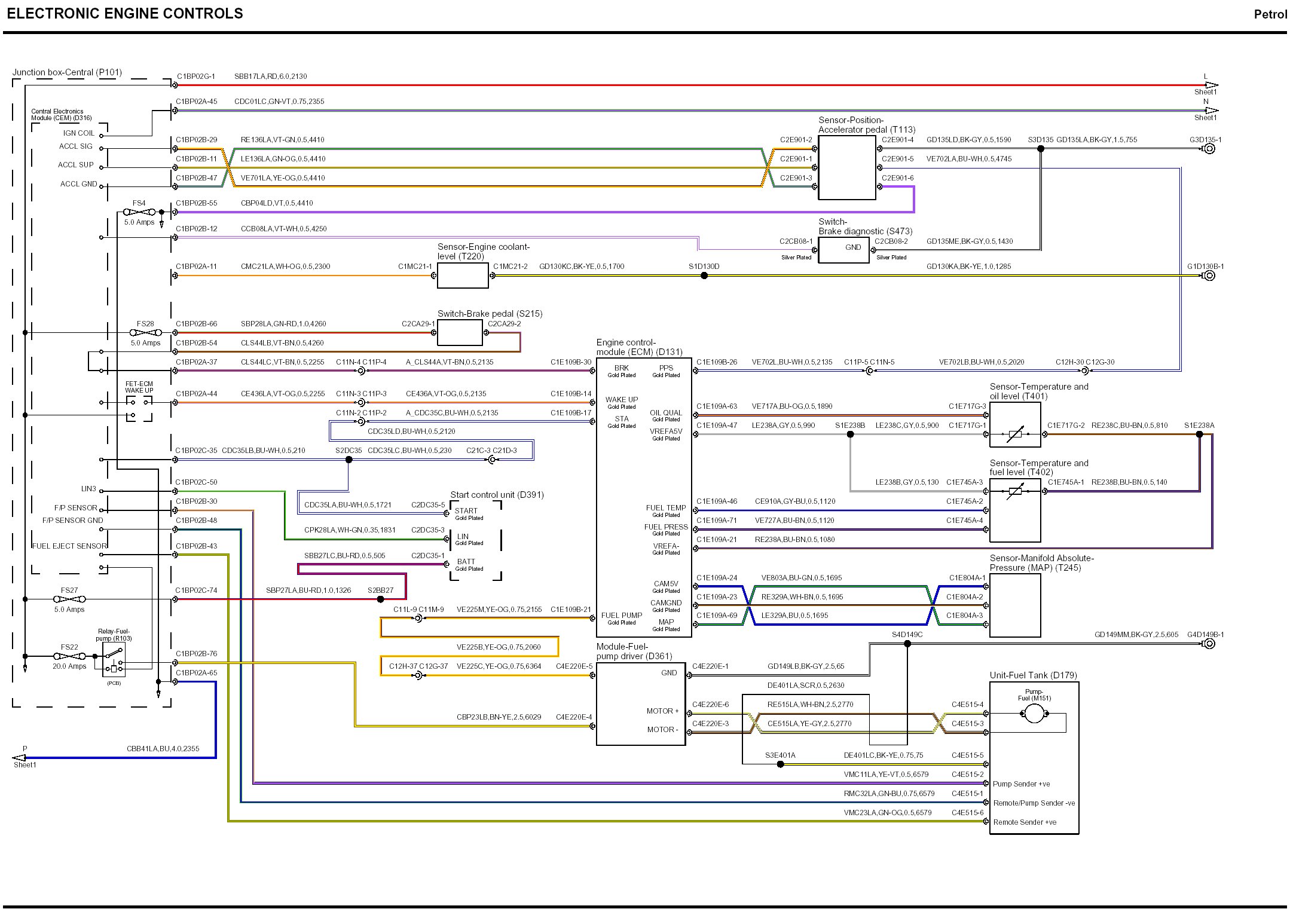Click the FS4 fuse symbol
[x=139, y=212]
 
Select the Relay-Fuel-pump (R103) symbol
[x=114, y=660]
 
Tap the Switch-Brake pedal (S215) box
[x=460, y=332]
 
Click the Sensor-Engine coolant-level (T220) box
[x=463, y=276]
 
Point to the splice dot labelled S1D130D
[x=704, y=276]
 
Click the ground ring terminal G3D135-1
[x=1209, y=149]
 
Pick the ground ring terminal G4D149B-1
[x=1209, y=644]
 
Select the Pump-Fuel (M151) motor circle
[x=1034, y=713]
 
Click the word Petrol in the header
[x=1270, y=14]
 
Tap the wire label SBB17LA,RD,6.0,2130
[x=270, y=76]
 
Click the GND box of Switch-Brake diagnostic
[x=843, y=250]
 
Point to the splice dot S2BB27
[x=380, y=599]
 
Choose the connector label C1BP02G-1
[x=195, y=76]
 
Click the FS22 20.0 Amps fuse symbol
[x=69, y=656]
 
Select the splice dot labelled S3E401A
[x=780, y=764]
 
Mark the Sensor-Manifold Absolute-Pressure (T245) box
[x=1015, y=605]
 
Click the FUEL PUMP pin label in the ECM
[x=622, y=616]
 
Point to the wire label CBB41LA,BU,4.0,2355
[x=163, y=749]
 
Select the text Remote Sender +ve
[x=1025, y=822]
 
